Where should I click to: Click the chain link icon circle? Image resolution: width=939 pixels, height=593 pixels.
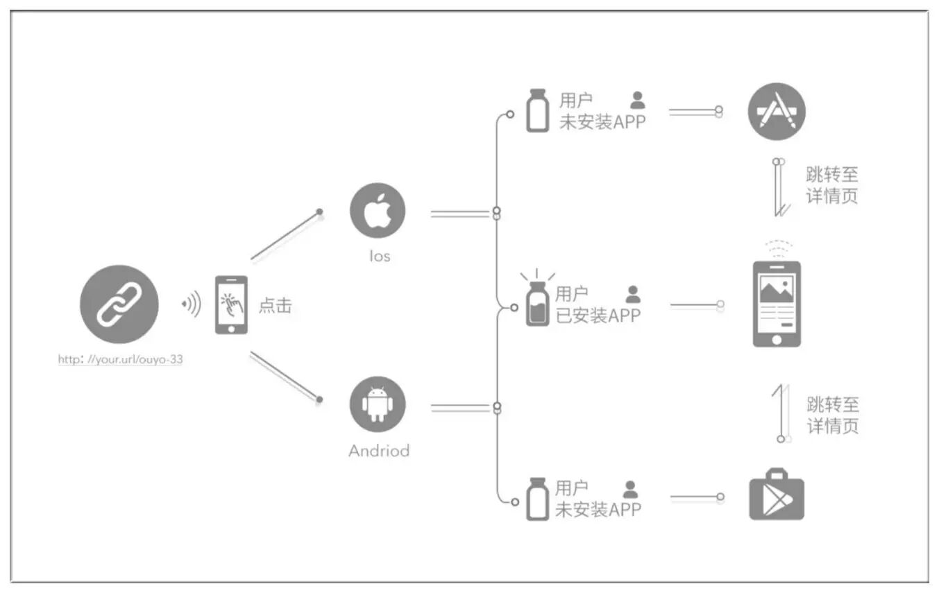[119, 304]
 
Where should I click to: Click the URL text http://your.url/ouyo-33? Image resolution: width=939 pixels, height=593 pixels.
[120, 359]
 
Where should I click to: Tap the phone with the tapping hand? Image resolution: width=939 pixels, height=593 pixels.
[230, 304]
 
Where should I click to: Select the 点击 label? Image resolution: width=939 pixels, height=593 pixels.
[275, 305]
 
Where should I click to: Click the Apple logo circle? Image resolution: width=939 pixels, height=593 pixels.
[377, 211]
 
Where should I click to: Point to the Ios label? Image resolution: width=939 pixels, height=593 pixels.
[380, 256]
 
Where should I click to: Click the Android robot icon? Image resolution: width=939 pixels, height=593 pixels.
[377, 404]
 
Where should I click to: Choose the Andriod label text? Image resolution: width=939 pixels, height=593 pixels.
[379, 451]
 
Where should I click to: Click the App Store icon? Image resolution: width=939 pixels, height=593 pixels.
[776, 111]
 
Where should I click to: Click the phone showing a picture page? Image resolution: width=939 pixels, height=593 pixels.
[777, 304]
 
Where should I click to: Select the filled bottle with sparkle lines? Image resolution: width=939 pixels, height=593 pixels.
[536, 303]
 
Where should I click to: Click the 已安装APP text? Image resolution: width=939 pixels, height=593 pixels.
[598, 316]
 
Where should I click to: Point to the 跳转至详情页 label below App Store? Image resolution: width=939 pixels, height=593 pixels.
[831, 184]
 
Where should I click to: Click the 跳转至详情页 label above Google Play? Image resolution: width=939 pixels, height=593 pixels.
[832, 415]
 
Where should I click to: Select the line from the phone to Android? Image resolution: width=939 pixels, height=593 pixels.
[285, 377]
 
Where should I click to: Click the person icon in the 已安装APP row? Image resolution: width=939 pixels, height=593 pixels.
[633, 294]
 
